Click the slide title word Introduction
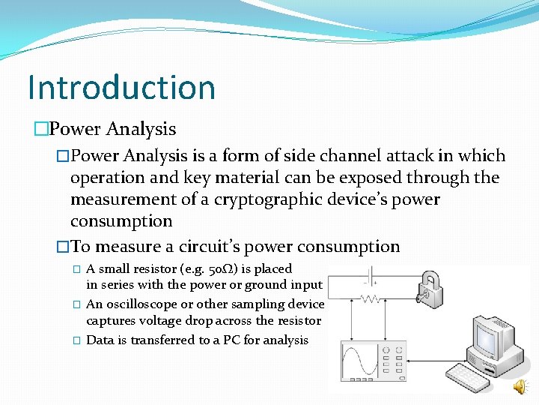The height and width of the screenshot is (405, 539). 121,87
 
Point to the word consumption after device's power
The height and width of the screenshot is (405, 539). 121,221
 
